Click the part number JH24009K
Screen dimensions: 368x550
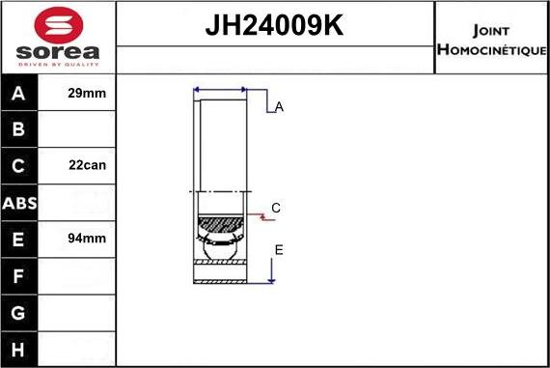pos(275,27)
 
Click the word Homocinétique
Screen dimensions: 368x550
pos(492,49)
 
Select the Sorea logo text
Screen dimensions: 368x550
pos(57,53)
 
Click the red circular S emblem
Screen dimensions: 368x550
pos(57,23)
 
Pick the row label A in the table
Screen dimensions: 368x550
pos(19,93)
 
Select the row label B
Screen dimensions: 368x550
pos(19,129)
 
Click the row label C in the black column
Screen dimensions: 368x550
pos(19,165)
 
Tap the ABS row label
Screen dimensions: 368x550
pos(19,202)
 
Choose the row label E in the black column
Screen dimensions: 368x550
pos(19,239)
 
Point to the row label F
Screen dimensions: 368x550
pos(19,275)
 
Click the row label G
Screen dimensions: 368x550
pos(19,312)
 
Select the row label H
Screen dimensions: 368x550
pos(19,348)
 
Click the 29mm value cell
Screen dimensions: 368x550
pos(87,93)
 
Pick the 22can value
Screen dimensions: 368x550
pos(87,165)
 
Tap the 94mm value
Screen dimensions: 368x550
pos(87,239)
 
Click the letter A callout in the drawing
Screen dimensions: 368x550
pos(279,107)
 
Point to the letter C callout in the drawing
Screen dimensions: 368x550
pos(276,208)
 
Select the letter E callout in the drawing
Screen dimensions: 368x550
pos(279,250)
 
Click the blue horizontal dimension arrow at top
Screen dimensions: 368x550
pos(220,89)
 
